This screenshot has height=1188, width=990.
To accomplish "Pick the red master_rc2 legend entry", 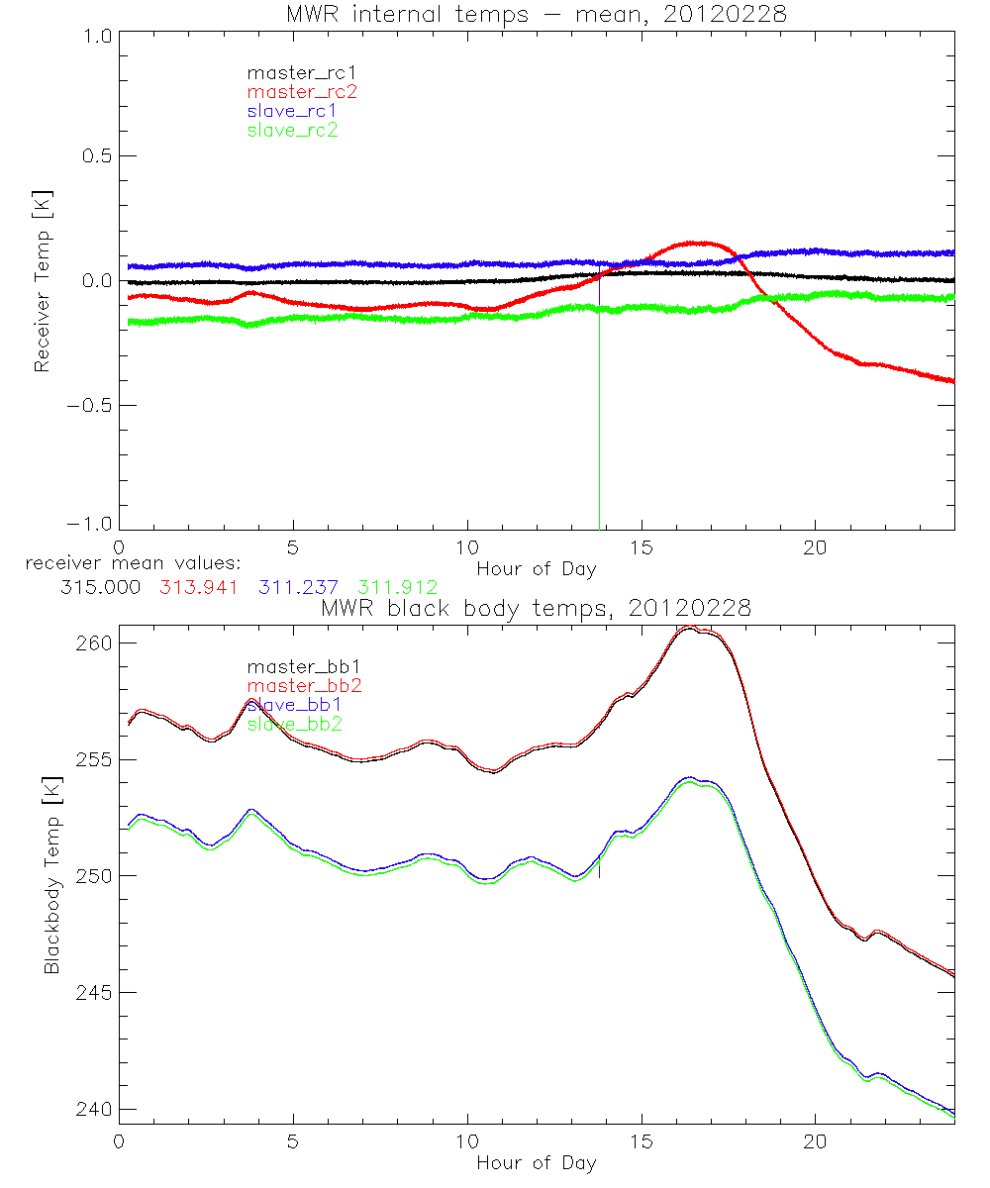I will (x=301, y=91).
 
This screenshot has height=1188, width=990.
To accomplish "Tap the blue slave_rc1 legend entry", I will (x=292, y=111).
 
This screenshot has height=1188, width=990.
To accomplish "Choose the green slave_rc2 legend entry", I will (x=292, y=130).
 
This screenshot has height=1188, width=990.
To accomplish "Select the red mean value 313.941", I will (x=198, y=587).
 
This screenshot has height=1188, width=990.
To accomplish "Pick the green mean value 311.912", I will (x=398, y=587).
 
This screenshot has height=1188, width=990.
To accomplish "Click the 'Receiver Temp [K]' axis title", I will (x=42, y=280).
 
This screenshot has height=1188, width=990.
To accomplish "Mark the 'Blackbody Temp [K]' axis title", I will (x=50, y=875).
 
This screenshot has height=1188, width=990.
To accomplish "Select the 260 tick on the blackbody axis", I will (x=92, y=643).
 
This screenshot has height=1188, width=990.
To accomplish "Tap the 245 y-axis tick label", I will (x=92, y=992).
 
